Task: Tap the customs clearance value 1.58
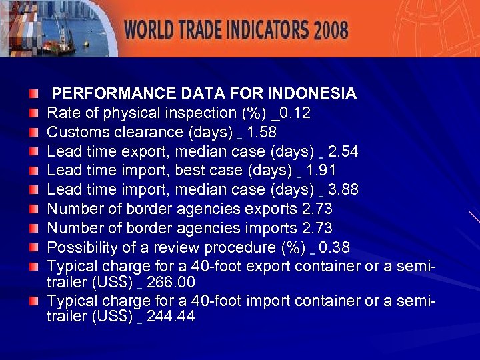pos(261,132)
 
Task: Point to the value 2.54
pos(343,151)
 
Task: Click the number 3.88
pos(343,190)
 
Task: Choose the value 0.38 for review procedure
pos(334,248)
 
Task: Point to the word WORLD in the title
pos(150,30)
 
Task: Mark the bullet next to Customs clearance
pos(34,131)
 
